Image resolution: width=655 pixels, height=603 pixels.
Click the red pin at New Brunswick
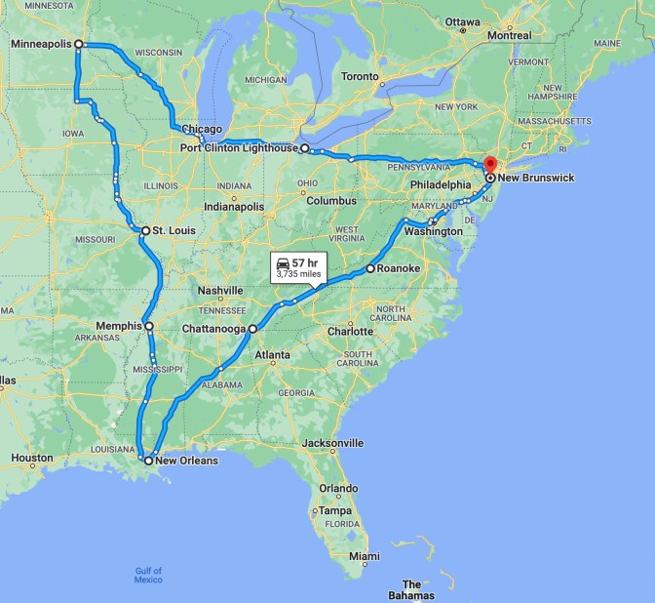tap(490, 165)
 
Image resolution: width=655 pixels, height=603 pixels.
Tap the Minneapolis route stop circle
tap(79, 44)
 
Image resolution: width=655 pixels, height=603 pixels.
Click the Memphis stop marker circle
tap(149, 326)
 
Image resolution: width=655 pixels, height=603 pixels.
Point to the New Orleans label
tap(186, 461)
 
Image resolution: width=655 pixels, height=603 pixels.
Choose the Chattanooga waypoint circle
tap(252, 329)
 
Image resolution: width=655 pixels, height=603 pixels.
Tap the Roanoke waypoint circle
tap(370, 268)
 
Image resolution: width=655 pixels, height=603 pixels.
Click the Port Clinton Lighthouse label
tap(238, 148)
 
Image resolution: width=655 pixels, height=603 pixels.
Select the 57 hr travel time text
tap(305, 263)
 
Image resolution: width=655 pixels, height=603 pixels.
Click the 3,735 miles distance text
tap(298, 274)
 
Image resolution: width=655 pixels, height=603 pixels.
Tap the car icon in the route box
tap(283, 263)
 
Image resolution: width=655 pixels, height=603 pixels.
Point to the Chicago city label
tap(203, 129)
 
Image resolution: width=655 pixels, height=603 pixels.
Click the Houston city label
tap(32, 458)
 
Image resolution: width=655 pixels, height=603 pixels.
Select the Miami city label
tap(365, 556)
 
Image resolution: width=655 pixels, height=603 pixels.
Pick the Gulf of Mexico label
tap(148, 575)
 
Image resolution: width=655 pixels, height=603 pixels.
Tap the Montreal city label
tap(509, 35)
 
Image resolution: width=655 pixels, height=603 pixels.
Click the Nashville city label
tap(220, 291)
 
